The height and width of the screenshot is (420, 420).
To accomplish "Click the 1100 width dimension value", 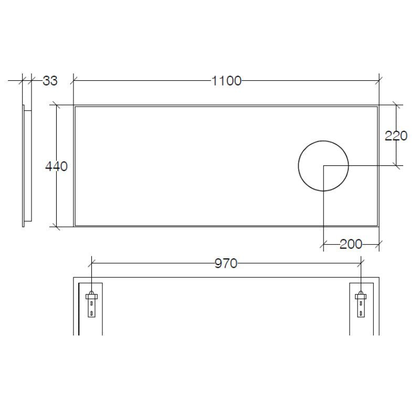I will (226, 81).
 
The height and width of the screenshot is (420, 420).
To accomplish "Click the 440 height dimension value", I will (56, 166).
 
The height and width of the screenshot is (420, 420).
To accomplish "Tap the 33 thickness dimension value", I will (50, 81).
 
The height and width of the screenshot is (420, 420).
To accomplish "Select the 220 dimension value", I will (396, 136).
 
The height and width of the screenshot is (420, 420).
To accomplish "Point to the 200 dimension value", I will (351, 244).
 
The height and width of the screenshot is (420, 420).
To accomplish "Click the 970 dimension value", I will (226, 264).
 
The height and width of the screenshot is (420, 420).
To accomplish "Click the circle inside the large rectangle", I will (323, 166).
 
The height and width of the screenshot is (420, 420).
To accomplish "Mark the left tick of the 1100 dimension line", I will (73, 81).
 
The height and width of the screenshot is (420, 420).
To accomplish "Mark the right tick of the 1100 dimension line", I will (379, 81).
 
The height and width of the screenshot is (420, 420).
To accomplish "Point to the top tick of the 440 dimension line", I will (56, 105).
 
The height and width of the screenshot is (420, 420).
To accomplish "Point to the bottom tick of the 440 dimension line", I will (56, 227).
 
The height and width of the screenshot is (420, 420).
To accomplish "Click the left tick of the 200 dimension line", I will (323, 244).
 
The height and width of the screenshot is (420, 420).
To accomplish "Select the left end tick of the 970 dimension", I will (92, 264).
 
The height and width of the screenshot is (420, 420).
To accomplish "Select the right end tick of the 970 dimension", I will (361, 264).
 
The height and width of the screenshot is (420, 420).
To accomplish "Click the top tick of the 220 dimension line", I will (396, 105).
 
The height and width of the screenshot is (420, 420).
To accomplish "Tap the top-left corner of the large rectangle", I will (74, 106).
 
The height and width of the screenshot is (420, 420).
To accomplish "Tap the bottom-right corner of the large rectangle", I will (379, 226).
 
